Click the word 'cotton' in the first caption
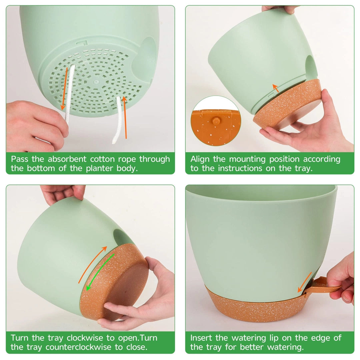click(102, 159)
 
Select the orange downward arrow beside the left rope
click(65, 89)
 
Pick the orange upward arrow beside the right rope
click(125, 117)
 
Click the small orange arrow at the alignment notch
click(276, 88)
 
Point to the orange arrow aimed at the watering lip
click(305, 282)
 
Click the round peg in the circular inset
click(216, 121)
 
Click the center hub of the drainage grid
click(96, 82)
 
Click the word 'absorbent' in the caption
click(67, 159)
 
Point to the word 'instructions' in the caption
click(240, 168)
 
